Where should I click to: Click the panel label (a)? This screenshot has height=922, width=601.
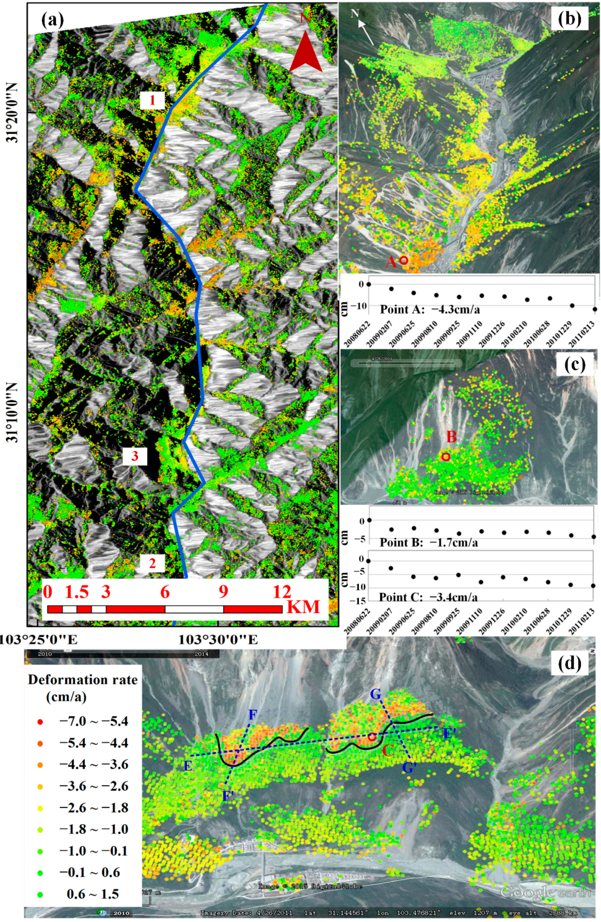[53, 19]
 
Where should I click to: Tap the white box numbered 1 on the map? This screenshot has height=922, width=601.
[152, 100]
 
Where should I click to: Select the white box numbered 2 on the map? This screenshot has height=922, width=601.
[152, 563]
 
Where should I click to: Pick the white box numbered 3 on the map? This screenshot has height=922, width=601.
[135, 456]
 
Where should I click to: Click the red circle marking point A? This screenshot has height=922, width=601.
[404, 260]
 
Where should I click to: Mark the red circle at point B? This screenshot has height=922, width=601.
[446, 457]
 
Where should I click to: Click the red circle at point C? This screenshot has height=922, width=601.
[372, 737]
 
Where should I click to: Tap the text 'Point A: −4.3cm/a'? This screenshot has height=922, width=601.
[430, 309]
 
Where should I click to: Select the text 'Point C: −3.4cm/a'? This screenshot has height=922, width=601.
[428, 597]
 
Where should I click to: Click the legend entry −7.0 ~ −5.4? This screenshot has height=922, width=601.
[94, 721]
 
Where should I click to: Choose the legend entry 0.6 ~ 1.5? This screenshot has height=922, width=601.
[93, 894]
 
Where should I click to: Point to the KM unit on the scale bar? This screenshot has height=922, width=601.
[304, 607]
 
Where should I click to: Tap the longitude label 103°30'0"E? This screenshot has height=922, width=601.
[218, 640]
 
